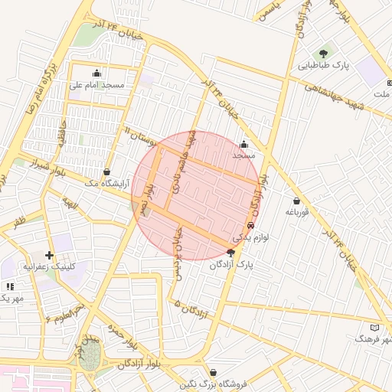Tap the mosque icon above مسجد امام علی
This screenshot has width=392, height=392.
[x=96, y=73]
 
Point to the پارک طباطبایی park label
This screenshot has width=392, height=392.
[x=323, y=66]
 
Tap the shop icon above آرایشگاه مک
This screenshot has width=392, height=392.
[x=106, y=171]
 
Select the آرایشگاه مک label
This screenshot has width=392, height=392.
[x=103, y=183]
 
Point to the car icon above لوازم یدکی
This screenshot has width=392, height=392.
[x=251, y=226]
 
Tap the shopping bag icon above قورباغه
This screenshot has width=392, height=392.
[x=296, y=201]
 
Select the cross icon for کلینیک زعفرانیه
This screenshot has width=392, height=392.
[x=50, y=255]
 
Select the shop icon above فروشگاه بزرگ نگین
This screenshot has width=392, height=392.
[x=213, y=372]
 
